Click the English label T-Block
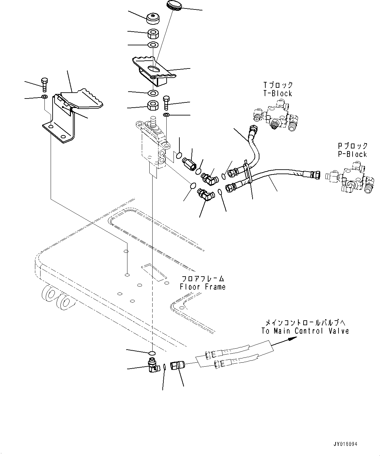tap(278, 94)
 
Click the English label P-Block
tap(353, 154)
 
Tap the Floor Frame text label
tap(203, 287)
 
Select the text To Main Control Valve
tap(305, 331)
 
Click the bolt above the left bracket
tap(44, 84)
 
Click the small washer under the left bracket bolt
tap(44, 97)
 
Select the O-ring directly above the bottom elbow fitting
tap(152, 353)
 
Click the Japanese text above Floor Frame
tap(203, 279)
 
